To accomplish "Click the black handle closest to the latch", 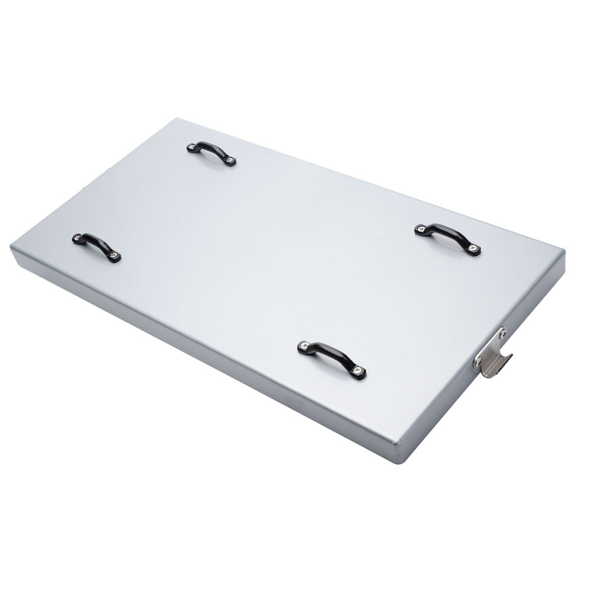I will (x=331, y=357).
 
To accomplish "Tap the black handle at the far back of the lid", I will (x=211, y=152).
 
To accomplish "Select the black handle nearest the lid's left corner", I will (x=97, y=246).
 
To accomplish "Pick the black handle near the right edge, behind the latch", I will (x=447, y=238).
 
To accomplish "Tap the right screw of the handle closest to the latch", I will (x=358, y=371).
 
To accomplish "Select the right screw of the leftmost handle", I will (x=114, y=257).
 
